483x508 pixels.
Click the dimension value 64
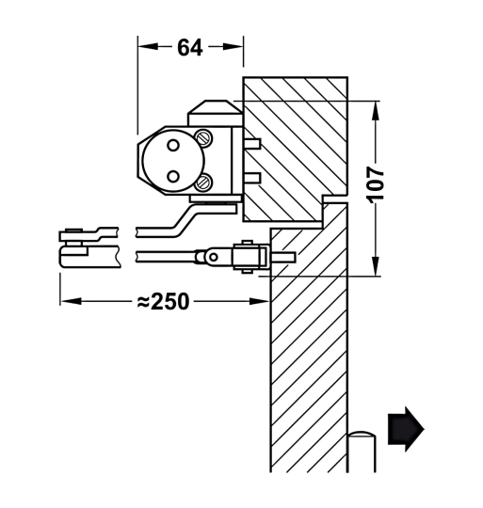click(189, 47)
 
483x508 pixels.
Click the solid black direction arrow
click(406, 428)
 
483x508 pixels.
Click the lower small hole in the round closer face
click(173, 177)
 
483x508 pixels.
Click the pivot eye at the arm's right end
click(212, 256)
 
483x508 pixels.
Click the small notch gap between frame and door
click(331, 201)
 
